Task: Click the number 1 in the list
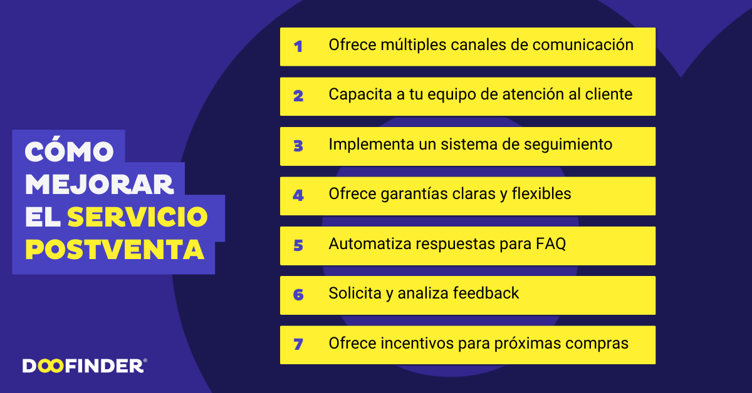click(x=298, y=46)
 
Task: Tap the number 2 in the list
click(x=298, y=96)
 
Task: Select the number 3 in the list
click(x=298, y=146)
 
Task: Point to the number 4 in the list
click(x=298, y=195)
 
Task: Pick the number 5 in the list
click(x=298, y=245)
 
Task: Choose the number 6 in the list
click(x=298, y=295)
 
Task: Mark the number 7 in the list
click(x=298, y=344)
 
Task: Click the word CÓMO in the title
click(x=69, y=151)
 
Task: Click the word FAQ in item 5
click(x=551, y=244)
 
